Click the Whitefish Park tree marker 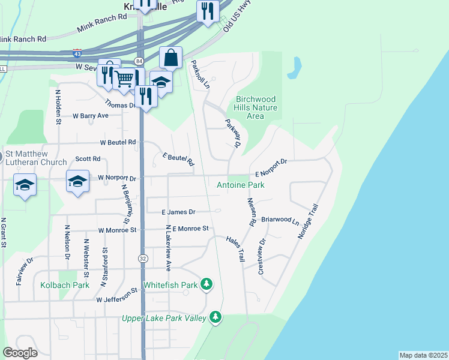pyautogui.click(x=206, y=283)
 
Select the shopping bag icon pyautogui.click(x=171, y=58)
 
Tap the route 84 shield pyautogui.click(x=139, y=61)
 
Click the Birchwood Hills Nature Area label pyautogui.click(x=256, y=107)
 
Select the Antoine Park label pyautogui.click(x=241, y=185)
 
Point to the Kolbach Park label pyautogui.click(x=65, y=285)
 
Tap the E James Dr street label pyautogui.click(x=179, y=212)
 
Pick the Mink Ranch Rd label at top pyautogui.click(x=102, y=23)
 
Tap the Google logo pyautogui.click(x=20, y=353)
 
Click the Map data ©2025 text pyautogui.click(x=423, y=355)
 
